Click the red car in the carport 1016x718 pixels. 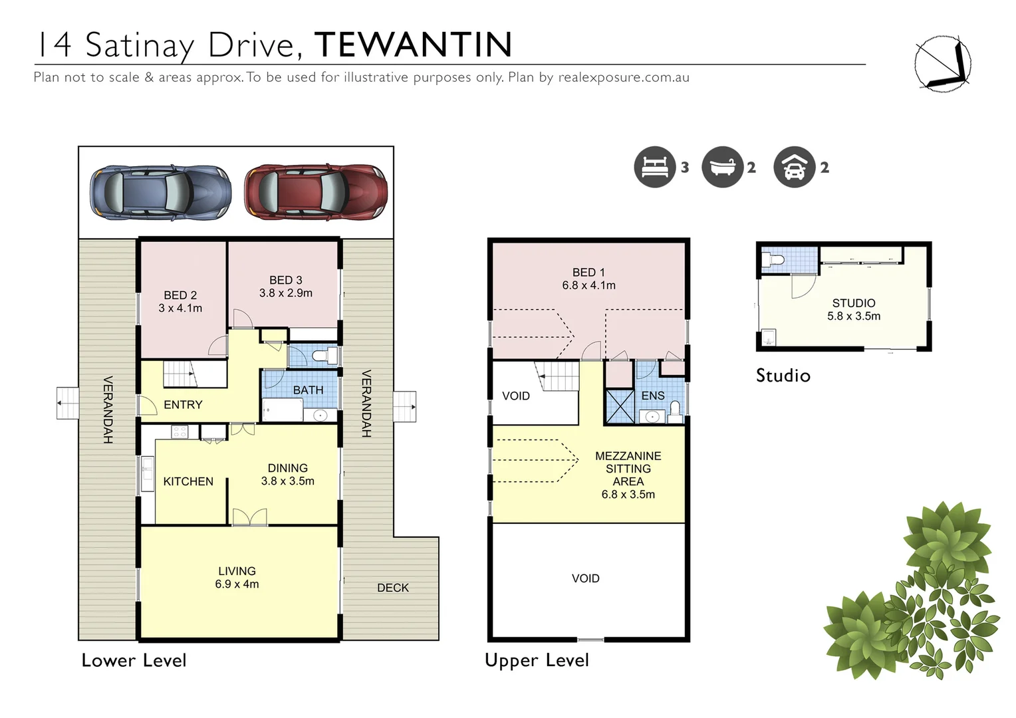[315, 192]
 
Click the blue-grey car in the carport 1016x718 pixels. [161, 192]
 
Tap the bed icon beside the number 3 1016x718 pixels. [654, 167]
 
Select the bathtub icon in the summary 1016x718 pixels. [722, 167]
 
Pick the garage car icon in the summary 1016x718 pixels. [794, 167]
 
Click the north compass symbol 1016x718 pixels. [942, 64]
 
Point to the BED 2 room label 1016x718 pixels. [180, 295]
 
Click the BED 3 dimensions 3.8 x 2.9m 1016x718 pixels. [286, 293]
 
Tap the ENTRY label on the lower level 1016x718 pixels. [183, 405]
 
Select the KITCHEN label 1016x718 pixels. [188, 481]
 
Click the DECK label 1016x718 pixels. [393, 588]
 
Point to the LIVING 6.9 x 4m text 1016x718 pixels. [237, 578]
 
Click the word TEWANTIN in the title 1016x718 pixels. [413, 45]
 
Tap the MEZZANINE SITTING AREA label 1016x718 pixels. [628, 469]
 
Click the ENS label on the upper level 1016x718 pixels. [653, 396]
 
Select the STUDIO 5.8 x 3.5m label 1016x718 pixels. [854, 310]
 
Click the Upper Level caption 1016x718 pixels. [537, 660]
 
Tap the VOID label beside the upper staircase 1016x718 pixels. [516, 396]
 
